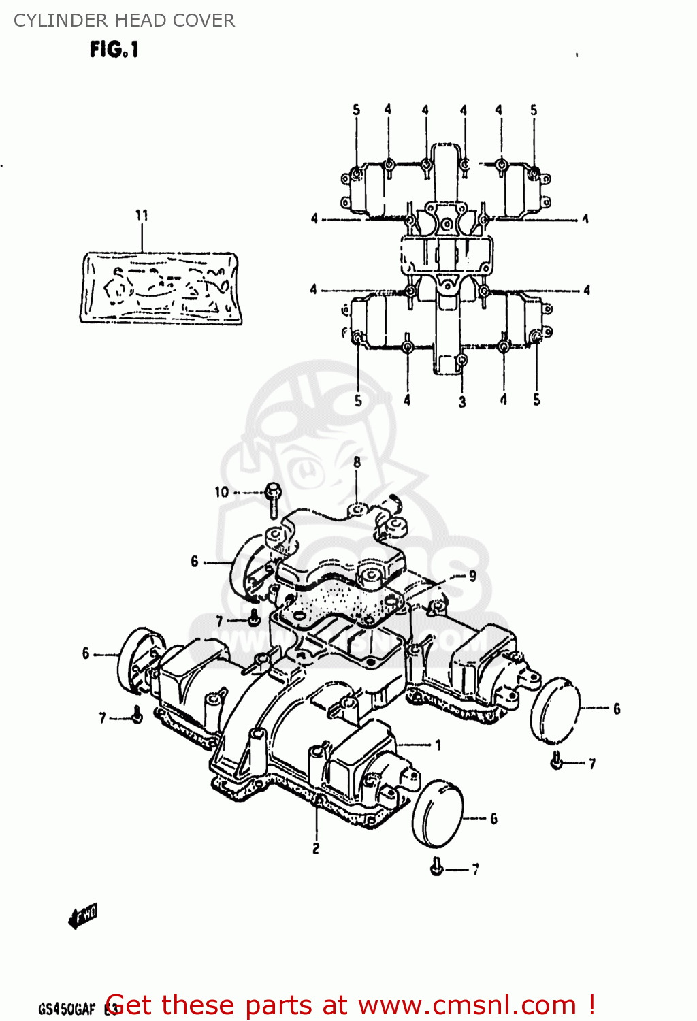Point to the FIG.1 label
point(114,50)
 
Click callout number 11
point(142,216)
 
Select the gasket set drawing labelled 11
point(161,287)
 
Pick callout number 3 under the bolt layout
point(462,402)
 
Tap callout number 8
point(357,463)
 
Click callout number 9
point(472,577)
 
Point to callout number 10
point(222,492)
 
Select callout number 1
point(438,745)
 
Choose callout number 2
point(316,849)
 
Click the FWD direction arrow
point(83,916)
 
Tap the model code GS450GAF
point(67,1009)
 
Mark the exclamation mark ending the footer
point(591,1005)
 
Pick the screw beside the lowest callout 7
point(437,866)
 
